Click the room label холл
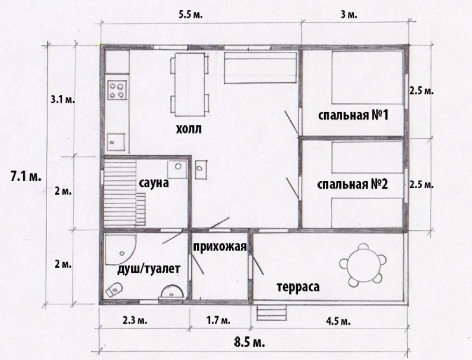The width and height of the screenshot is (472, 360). [x=188, y=129]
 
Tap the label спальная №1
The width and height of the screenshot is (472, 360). [x=353, y=115]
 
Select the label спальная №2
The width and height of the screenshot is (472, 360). [x=353, y=184]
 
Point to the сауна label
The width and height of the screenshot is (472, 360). [x=154, y=183]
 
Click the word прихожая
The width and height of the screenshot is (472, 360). [x=220, y=246]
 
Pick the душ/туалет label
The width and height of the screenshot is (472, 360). [x=148, y=268]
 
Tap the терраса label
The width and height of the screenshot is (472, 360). [x=298, y=287]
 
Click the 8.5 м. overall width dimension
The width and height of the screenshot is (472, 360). [x=250, y=342]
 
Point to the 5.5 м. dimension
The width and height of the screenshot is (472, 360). [x=191, y=15]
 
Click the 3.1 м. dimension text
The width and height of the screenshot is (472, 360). [x=63, y=100]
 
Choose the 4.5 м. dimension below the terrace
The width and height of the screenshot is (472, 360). [x=338, y=321]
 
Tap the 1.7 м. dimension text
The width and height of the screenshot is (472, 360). [x=219, y=320]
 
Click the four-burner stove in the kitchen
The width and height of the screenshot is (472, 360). [x=117, y=90]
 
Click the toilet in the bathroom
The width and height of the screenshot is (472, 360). [x=114, y=289]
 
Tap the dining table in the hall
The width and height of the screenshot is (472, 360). [x=190, y=84]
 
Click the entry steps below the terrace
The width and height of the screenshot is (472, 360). [x=271, y=313]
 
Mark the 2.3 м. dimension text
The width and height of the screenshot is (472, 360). [x=135, y=320]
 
